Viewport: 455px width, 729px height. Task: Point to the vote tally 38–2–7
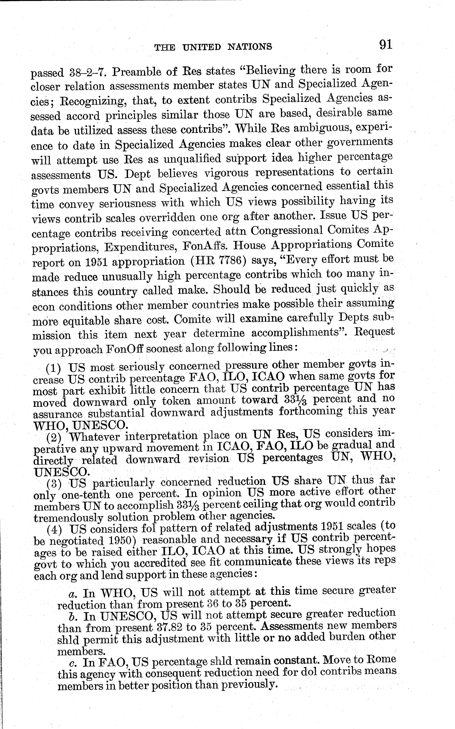(87, 72)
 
